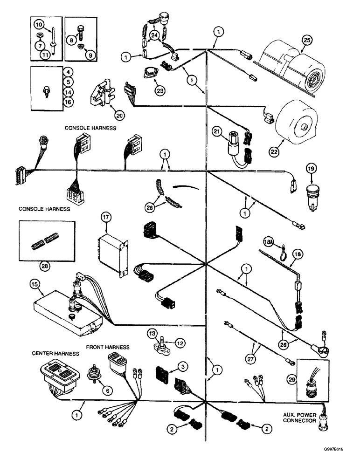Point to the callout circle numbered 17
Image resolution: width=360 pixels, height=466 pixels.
click(106, 217)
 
